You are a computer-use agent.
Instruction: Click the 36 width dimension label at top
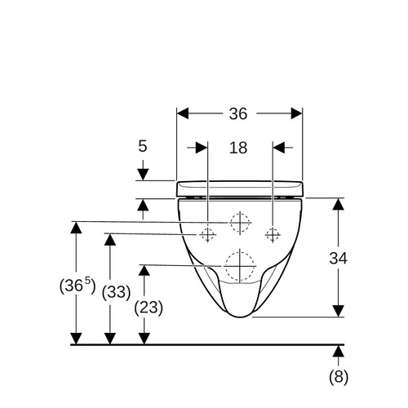(238, 113)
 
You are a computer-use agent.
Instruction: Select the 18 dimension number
(238, 148)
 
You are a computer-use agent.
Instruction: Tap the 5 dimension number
(143, 146)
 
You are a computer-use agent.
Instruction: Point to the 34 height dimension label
(339, 259)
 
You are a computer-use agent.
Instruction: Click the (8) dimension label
(339, 377)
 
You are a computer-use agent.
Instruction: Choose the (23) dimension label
(149, 308)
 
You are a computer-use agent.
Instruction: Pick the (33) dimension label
(116, 293)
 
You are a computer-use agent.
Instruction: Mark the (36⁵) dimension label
(78, 285)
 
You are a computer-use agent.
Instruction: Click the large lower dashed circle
(240, 266)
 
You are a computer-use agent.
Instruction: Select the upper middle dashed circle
(240, 223)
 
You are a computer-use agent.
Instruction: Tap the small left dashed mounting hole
(208, 234)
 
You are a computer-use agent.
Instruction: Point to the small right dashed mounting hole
(273, 234)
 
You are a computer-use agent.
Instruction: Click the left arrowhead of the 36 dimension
(183, 113)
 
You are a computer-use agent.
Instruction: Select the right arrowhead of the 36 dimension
(296, 113)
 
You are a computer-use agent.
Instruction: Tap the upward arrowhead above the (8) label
(339, 351)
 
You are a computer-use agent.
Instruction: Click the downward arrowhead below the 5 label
(143, 175)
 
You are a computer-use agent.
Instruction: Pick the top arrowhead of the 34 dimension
(339, 204)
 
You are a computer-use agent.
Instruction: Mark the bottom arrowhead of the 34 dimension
(339, 311)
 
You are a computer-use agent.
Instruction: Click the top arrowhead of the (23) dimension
(144, 270)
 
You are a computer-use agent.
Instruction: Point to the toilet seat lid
(240, 188)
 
